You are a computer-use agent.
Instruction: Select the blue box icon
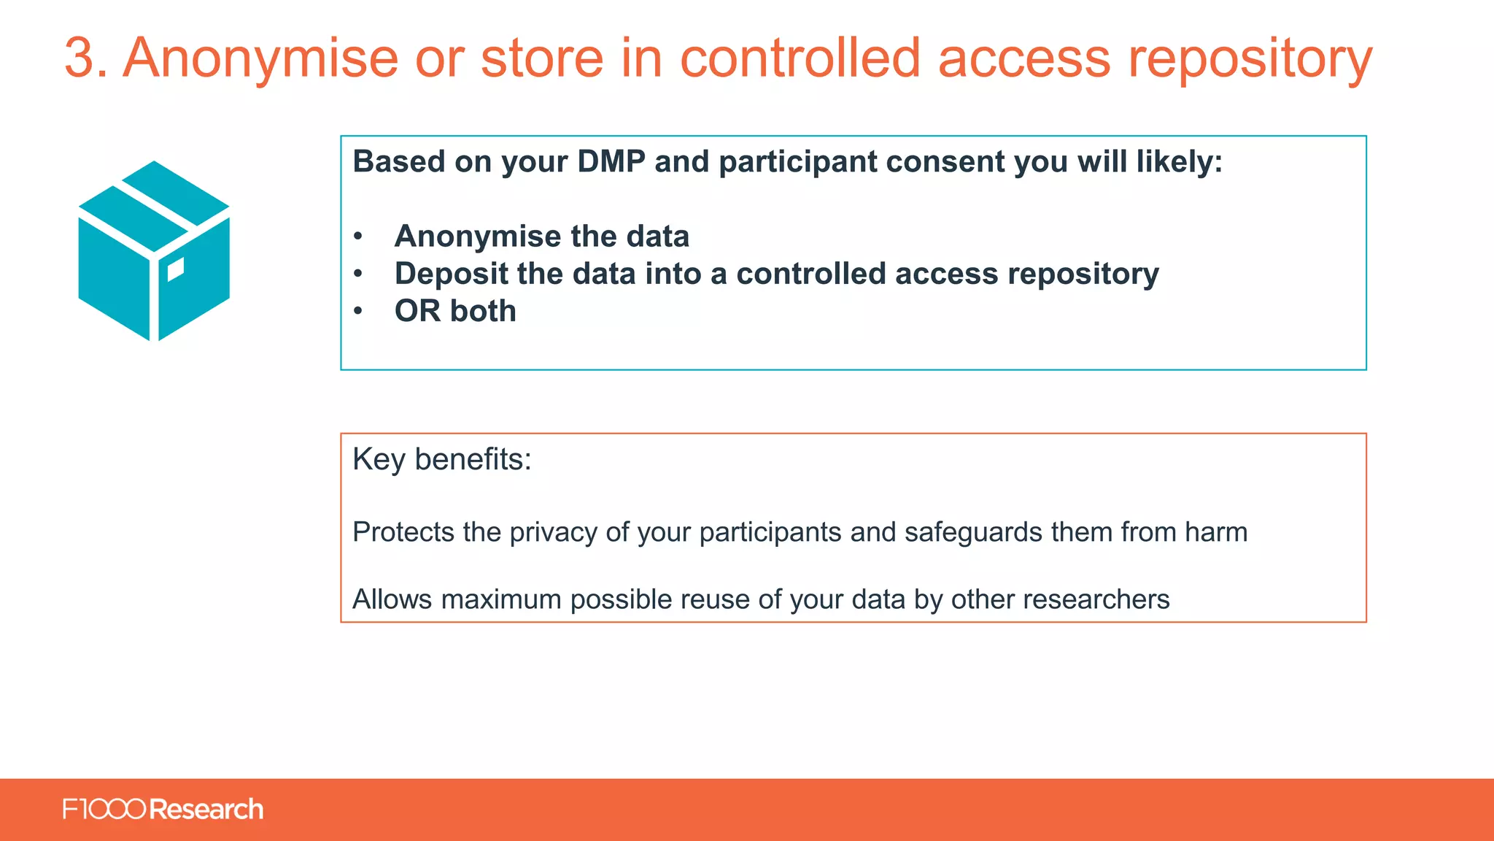coord(154,251)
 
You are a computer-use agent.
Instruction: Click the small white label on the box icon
coord(176,269)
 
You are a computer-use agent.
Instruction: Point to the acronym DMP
coord(611,162)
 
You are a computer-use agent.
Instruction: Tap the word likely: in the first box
coord(1179,162)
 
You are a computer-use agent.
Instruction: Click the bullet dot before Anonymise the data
coord(357,237)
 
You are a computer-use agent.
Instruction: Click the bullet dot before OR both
coord(357,312)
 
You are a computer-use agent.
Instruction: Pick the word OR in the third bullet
coord(417,312)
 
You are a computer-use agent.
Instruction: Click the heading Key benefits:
coord(441,460)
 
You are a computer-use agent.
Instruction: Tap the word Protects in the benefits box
coord(403,532)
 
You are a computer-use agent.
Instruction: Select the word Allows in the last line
coord(392,599)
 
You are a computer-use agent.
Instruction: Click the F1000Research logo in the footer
coord(163,810)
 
